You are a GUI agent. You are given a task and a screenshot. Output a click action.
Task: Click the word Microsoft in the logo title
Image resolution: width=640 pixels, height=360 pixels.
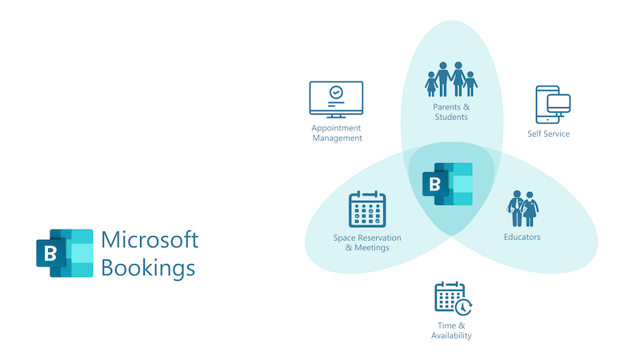pyautogui.click(x=150, y=239)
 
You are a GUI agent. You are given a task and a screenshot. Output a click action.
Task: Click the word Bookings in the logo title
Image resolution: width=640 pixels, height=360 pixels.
pyautogui.click(x=148, y=268)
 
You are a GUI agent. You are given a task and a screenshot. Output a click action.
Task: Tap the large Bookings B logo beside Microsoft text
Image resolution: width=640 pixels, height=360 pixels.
pyautogui.click(x=65, y=253)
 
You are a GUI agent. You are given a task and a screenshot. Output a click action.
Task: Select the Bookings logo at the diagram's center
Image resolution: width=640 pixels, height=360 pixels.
pyautogui.click(x=447, y=184)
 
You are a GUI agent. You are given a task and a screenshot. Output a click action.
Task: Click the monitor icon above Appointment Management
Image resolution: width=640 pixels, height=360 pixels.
pyautogui.click(x=336, y=99)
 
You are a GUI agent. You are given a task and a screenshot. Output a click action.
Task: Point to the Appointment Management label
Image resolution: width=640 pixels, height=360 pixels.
pyautogui.click(x=337, y=133)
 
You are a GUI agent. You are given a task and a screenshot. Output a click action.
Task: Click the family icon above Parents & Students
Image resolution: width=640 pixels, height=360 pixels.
pyautogui.click(x=451, y=79)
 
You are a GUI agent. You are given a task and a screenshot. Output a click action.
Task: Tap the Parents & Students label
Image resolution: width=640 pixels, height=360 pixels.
pyautogui.click(x=451, y=112)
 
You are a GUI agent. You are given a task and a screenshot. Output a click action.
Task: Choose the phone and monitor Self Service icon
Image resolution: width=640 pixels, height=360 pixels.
pyautogui.click(x=553, y=105)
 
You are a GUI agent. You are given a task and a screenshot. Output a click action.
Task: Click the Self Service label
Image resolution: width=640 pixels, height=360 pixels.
pyautogui.click(x=548, y=134)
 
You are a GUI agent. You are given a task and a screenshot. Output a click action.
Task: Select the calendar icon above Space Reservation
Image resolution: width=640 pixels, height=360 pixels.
pyautogui.click(x=367, y=209)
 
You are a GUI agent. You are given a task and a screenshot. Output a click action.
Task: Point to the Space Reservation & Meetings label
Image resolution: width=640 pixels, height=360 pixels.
pyautogui.click(x=367, y=243)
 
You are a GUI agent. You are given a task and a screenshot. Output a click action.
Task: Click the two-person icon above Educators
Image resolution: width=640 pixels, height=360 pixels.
pyautogui.click(x=522, y=209)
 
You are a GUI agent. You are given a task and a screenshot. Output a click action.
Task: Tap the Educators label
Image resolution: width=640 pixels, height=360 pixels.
pyautogui.click(x=522, y=237)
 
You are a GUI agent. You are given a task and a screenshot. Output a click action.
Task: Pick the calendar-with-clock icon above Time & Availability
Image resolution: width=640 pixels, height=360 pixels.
pyautogui.click(x=453, y=298)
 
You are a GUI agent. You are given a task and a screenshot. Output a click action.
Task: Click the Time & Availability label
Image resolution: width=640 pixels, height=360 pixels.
pyautogui.click(x=451, y=330)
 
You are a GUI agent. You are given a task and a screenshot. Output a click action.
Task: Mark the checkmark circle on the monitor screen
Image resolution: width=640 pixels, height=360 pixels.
pyautogui.click(x=336, y=92)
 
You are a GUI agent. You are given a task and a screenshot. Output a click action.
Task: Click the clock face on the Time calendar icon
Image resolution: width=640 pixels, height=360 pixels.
pyautogui.click(x=463, y=307)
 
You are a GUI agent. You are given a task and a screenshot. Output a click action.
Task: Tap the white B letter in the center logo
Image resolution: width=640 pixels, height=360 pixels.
pyautogui.click(x=434, y=185)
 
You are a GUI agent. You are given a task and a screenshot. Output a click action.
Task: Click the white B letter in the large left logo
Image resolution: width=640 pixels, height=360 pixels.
pyautogui.click(x=50, y=254)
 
